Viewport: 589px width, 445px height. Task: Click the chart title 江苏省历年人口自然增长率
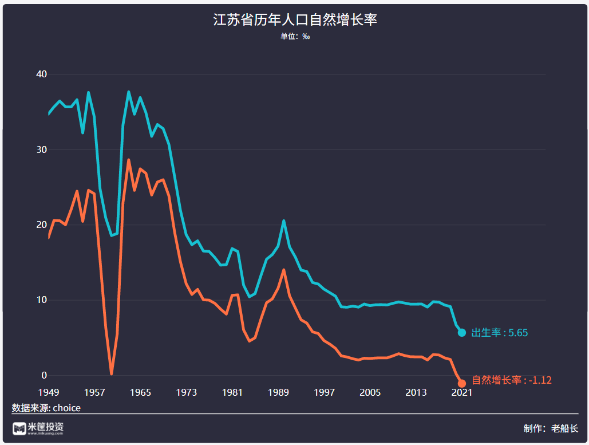[x=295, y=20]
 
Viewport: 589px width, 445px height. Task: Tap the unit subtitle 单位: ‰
[x=295, y=37]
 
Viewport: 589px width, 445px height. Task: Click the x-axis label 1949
[x=49, y=392]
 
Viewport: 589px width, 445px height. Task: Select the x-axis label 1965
[x=140, y=392]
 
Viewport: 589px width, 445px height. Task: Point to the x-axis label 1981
[x=232, y=392]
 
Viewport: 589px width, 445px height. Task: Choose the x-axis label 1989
[x=278, y=392]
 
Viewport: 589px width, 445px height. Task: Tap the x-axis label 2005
[x=370, y=392]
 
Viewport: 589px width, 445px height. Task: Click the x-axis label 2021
[x=462, y=392]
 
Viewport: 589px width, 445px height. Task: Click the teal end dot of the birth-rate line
[x=462, y=333]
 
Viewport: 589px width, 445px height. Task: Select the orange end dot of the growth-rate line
[x=462, y=383]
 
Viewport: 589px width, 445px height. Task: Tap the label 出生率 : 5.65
[x=499, y=333]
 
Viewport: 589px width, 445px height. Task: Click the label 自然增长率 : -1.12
[x=511, y=380]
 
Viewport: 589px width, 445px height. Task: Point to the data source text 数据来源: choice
[x=46, y=408]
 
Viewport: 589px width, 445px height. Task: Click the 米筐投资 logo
[x=38, y=428]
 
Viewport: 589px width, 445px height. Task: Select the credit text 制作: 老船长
[x=551, y=428]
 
